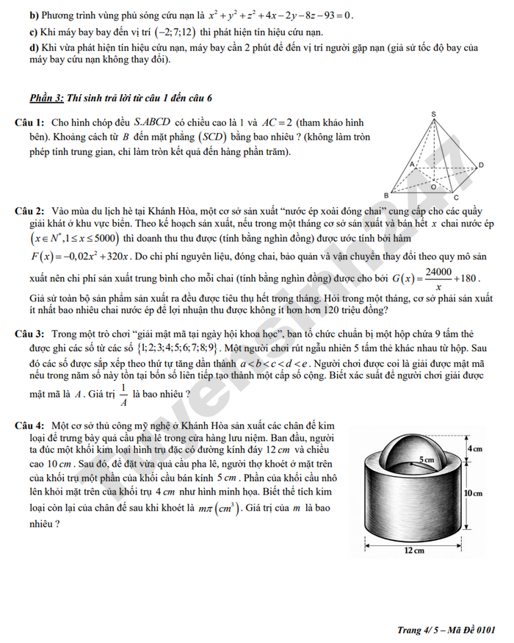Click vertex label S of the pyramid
pyautogui.click(x=434, y=114)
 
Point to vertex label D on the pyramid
pyautogui.click(x=481, y=164)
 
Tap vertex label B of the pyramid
pyautogui.click(x=386, y=195)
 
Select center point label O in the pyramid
pyautogui.click(x=433, y=186)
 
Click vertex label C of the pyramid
pyautogui.click(x=456, y=197)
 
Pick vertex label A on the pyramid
pyautogui.click(x=411, y=163)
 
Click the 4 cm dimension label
pyautogui.click(x=474, y=448)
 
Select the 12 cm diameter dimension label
pyautogui.click(x=416, y=550)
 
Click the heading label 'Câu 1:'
pyautogui.click(x=30, y=122)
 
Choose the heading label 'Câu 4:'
pyautogui.click(x=30, y=425)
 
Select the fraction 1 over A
pyautogui.click(x=124, y=395)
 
